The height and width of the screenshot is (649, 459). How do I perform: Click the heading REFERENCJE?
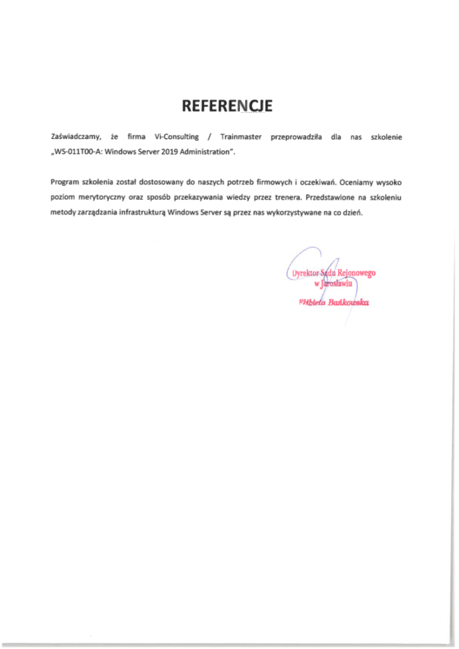(x=227, y=106)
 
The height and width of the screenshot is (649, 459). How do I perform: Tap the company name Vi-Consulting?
(x=177, y=137)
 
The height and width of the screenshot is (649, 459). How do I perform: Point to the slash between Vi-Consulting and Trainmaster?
(x=210, y=137)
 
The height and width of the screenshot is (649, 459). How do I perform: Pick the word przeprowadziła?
(x=294, y=137)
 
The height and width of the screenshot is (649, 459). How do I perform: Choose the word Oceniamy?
(x=359, y=183)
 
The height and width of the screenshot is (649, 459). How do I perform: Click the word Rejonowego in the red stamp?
(x=358, y=273)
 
